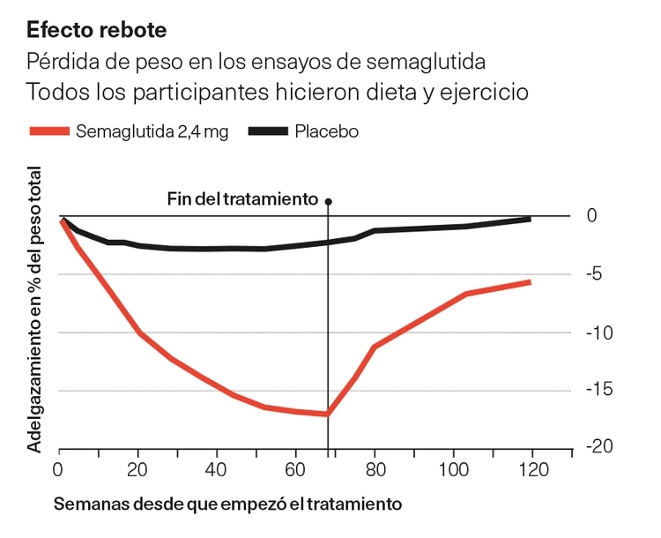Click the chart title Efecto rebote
click(x=96, y=29)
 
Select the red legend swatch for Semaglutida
click(x=49, y=131)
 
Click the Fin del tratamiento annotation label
click(x=242, y=199)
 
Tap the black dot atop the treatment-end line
click(x=328, y=201)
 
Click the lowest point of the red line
click(x=327, y=414)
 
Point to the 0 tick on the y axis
click(x=592, y=216)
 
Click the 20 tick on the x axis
click(x=137, y=468)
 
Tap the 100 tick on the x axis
click(x=453, y=468)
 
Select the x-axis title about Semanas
click(x=228, y=504)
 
